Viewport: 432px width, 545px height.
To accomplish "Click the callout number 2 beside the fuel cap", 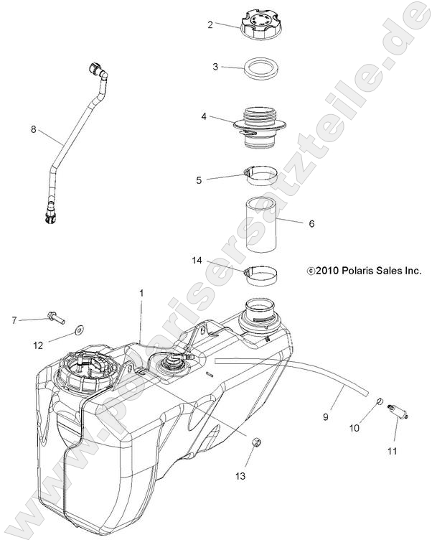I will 210,24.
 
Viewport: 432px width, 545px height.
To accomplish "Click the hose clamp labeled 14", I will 263,274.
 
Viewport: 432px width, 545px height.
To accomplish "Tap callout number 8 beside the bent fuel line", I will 33,130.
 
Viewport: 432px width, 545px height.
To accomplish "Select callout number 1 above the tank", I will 141,293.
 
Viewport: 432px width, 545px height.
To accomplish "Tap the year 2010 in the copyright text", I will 327,271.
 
